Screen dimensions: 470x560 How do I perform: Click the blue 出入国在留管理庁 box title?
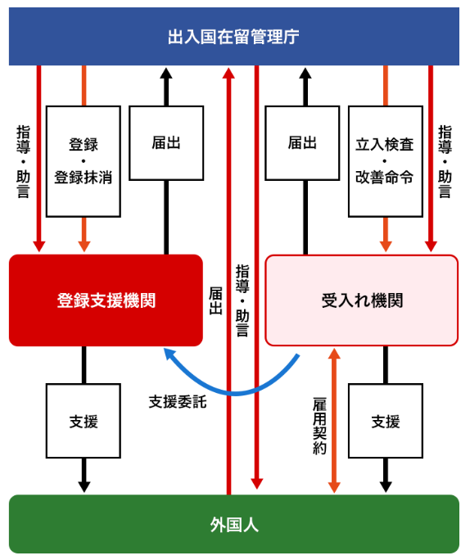tap(233, 37)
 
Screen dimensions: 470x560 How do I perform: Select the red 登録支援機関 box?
tap(106, 300)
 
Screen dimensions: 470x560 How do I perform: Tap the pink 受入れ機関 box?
tap(361, 300)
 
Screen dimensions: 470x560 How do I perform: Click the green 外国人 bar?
tap(234, 524)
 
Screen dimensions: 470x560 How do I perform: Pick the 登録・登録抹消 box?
tap(84, 161)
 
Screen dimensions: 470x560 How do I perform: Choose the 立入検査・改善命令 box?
tap(386, 161)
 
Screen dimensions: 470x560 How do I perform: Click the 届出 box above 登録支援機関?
tap(166, 142)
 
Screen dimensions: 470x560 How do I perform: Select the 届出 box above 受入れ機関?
tap(302, 142)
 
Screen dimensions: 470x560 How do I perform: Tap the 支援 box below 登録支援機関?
tap(84, 421)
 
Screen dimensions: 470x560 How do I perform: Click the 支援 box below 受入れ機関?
tap(386, 421)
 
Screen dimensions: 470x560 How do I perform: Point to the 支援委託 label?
tap(178, 402)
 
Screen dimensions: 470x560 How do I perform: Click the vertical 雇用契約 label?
tap(319, 426)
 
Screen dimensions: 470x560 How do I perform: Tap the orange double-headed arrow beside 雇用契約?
tap(334, 421)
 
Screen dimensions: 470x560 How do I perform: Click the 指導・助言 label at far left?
tap(23, 161)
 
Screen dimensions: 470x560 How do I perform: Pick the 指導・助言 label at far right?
tap(445, 161)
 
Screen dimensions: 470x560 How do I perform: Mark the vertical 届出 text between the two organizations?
tap(215, 300)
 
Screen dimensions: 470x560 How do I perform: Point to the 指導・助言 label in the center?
tap(242, 300)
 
